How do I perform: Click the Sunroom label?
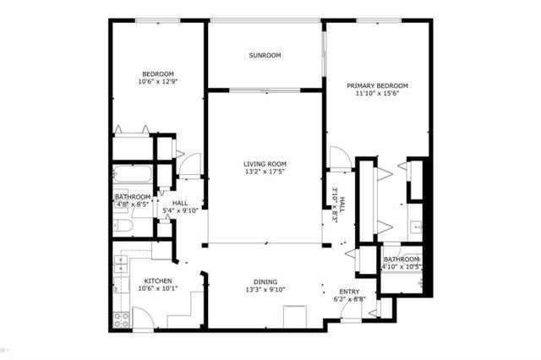tap(265, 56)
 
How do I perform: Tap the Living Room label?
tap(265, 164)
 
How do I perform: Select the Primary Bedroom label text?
tap(377, 85)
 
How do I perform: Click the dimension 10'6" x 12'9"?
tap(159, 81)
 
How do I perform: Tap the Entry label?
tap(348, 292)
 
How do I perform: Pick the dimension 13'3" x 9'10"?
tap(265, 291)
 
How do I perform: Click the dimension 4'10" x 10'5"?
tap(402, 267)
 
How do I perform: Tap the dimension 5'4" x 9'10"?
tap(180, 211)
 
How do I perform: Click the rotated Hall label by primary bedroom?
tap(335, 203)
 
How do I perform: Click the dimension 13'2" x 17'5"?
tap(265, 172)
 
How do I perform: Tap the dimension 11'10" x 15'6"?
tap(377, 94)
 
